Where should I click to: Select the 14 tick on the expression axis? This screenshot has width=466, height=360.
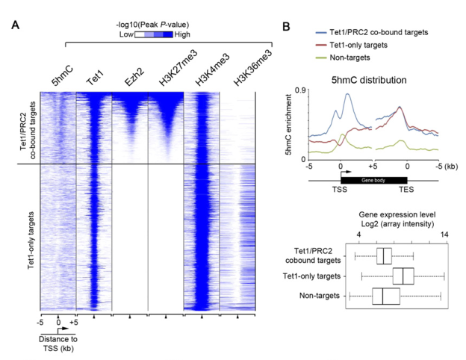pos(444,234)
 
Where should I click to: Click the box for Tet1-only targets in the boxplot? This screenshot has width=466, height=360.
pos(403,276)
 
